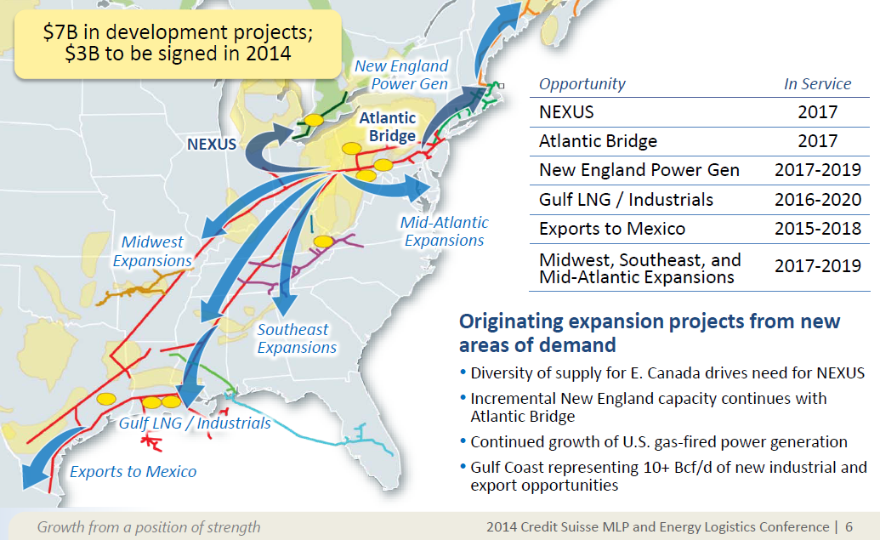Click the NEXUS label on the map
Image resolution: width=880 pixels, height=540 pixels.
[x=212, y=144]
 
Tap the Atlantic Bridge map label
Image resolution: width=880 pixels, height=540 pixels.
[x=387, y=127]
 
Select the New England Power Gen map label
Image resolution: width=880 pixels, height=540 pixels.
[x=400, y=75]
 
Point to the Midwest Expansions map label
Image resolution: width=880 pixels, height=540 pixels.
[x=152, y=252]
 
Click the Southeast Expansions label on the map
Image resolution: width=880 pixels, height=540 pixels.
[x=297, y=338]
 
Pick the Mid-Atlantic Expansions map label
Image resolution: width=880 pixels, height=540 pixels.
[x=444, y=231]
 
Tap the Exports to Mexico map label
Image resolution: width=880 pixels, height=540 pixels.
[x=133, y=472]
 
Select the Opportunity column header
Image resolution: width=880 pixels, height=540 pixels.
[x=582, y=84]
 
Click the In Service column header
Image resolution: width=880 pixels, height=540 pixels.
[x=816, y=84]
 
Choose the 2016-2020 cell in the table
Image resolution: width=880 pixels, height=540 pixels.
[x=817, y=201]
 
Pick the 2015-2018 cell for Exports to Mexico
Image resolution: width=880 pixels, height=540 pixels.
[x=817, y=229]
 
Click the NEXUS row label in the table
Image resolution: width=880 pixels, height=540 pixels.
[x=566, y=112]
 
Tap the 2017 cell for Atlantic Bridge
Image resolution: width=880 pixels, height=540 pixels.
[x=817, y=141]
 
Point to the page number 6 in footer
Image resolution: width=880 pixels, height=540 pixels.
[x=849, y=527]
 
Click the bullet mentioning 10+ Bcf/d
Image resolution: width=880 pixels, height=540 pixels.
[x=668, y=476]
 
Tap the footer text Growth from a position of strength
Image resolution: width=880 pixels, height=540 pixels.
[x=149, y=527]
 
